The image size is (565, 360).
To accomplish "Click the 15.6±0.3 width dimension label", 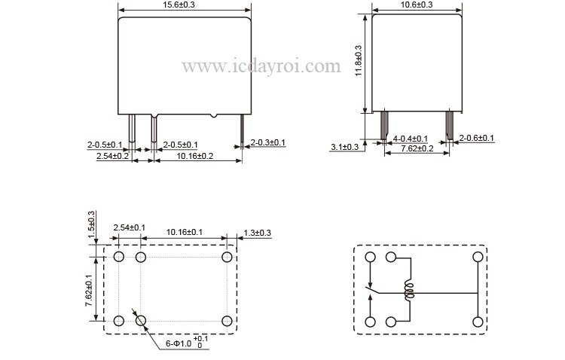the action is (x=184, y=5).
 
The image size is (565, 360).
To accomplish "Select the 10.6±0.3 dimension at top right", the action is (x=417, y=5).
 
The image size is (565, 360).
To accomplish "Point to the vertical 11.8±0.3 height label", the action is (x=359, y=60).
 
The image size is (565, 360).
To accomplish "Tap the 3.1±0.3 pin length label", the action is (x=345, y=147).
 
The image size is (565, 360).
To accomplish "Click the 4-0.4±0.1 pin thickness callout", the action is (x=411, y=139).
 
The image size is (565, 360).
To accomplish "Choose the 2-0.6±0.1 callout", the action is (x=476, y=138).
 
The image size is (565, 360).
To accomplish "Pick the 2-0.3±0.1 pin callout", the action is (x=267, y=142).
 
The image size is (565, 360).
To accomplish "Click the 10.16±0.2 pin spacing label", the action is (x=195, y=156).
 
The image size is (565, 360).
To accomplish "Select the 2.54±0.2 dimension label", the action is (x=112, y=156).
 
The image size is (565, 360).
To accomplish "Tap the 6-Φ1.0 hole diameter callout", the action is (x=187, y=343).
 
